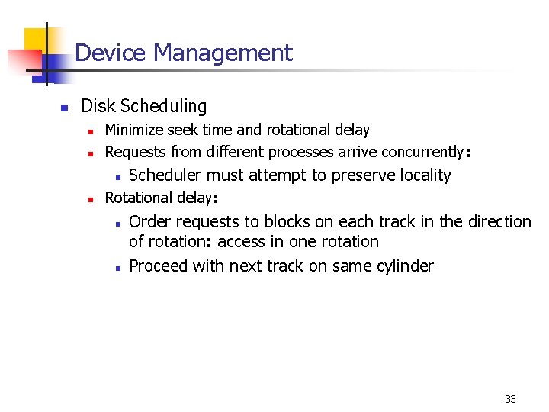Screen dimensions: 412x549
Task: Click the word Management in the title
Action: pyautogui.click(x=223, y=53)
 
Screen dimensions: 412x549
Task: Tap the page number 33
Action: pyautogui.click(x=510, y=399)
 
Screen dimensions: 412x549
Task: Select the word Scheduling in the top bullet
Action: pyautogui.click(x=165, y=106)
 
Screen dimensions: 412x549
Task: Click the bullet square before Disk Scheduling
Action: pyautogui.click(x=65, y=107)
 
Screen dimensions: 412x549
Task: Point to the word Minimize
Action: pyautogui.click(x=131, y=130)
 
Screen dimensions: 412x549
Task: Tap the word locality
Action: pyautogui.click(x=421, y=175)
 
